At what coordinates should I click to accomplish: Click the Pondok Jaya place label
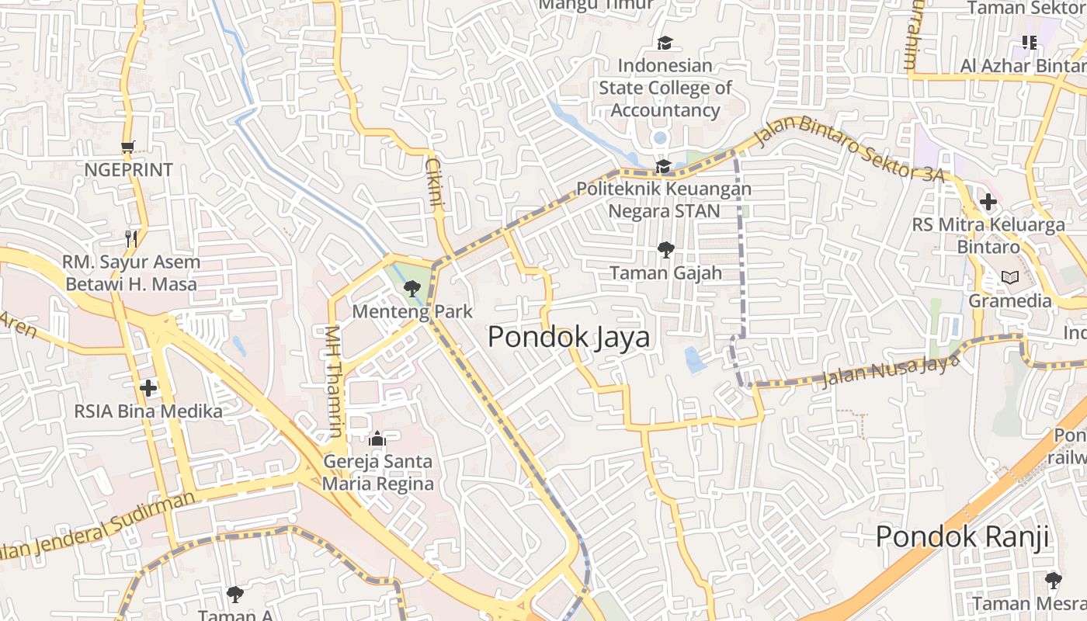pos(568,337)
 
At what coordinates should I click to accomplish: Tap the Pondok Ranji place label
pos(962,536)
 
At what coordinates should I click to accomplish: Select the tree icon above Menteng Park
pos(412,289)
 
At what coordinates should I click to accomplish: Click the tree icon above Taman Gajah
pos(665,250)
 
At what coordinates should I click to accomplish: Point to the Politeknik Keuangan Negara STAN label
pos(664,200)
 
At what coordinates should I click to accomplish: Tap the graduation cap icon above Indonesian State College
pos(665,43)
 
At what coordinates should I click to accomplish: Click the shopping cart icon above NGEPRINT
pos(128,147)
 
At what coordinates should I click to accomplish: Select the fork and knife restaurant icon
pos(131,238)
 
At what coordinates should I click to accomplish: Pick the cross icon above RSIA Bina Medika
pos(148,387)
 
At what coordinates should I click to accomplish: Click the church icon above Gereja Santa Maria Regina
pos(377,439)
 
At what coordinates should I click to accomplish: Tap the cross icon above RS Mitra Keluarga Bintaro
pos(988,203)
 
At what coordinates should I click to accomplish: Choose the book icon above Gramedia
pos(1009,277)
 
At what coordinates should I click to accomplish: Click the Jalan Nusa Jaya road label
pos(888,370)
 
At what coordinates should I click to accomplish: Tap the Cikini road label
pos(435,182)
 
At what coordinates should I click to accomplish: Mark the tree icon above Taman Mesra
pos(1053,580)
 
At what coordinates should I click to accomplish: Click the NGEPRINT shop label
pos(128,170)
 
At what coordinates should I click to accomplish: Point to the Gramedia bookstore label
pos(1010,300)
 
